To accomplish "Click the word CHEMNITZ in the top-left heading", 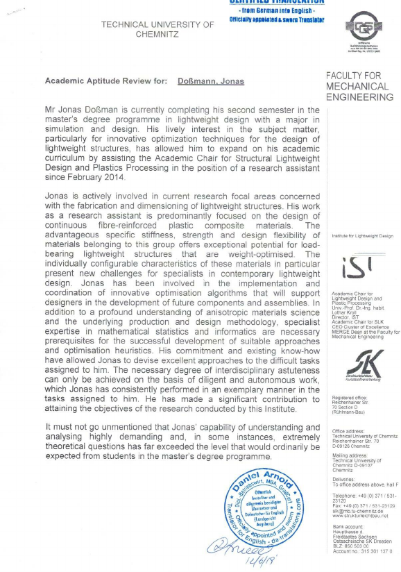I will coord(157,33).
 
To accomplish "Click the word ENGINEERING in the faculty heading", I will coord(359,98).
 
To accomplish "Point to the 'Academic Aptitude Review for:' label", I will coord(105,81).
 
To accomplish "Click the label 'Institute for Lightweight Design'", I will coord(362,236).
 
